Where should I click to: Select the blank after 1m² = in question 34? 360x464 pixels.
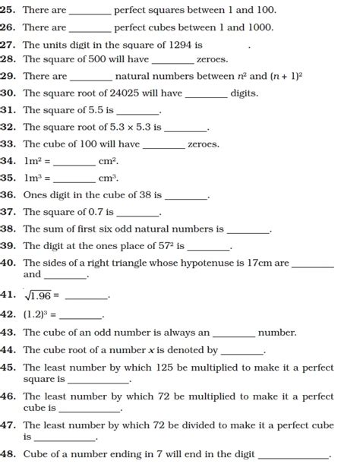74,161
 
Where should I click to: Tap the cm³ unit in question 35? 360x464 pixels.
108,178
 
